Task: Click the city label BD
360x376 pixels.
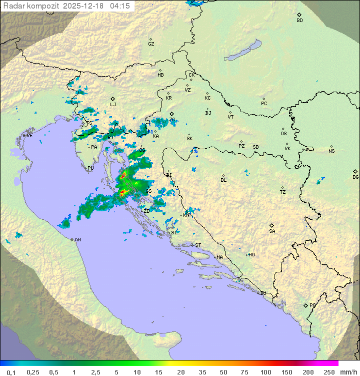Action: pos(299,21)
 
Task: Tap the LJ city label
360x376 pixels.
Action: pos(113,105)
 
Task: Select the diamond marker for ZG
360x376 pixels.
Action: pos(171,114)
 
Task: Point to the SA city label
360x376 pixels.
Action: pos(272,231)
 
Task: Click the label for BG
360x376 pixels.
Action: pos(355,177)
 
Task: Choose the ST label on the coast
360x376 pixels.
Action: pos(198,245)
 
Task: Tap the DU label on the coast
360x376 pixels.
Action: pos(263,293)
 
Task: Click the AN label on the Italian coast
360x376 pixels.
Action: pos(77,240)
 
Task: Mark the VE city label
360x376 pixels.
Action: pos(29,136)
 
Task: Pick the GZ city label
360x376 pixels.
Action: pos(151,44)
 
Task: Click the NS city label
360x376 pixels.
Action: pos(331,151)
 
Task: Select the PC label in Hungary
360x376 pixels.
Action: pos(264,104)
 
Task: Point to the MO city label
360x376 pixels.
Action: pos(251,255)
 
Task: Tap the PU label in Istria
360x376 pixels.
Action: pos(90,169)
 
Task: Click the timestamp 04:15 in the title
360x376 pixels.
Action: pos(120,6)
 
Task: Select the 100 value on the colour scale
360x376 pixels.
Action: pos(265,372)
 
